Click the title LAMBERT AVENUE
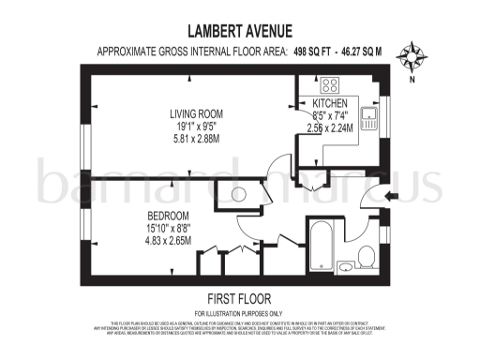239,31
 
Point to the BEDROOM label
142,216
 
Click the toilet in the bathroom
368,257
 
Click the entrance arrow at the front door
391,195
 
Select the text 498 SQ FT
314,52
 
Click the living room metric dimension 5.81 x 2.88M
194,139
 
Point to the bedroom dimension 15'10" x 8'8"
142,228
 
